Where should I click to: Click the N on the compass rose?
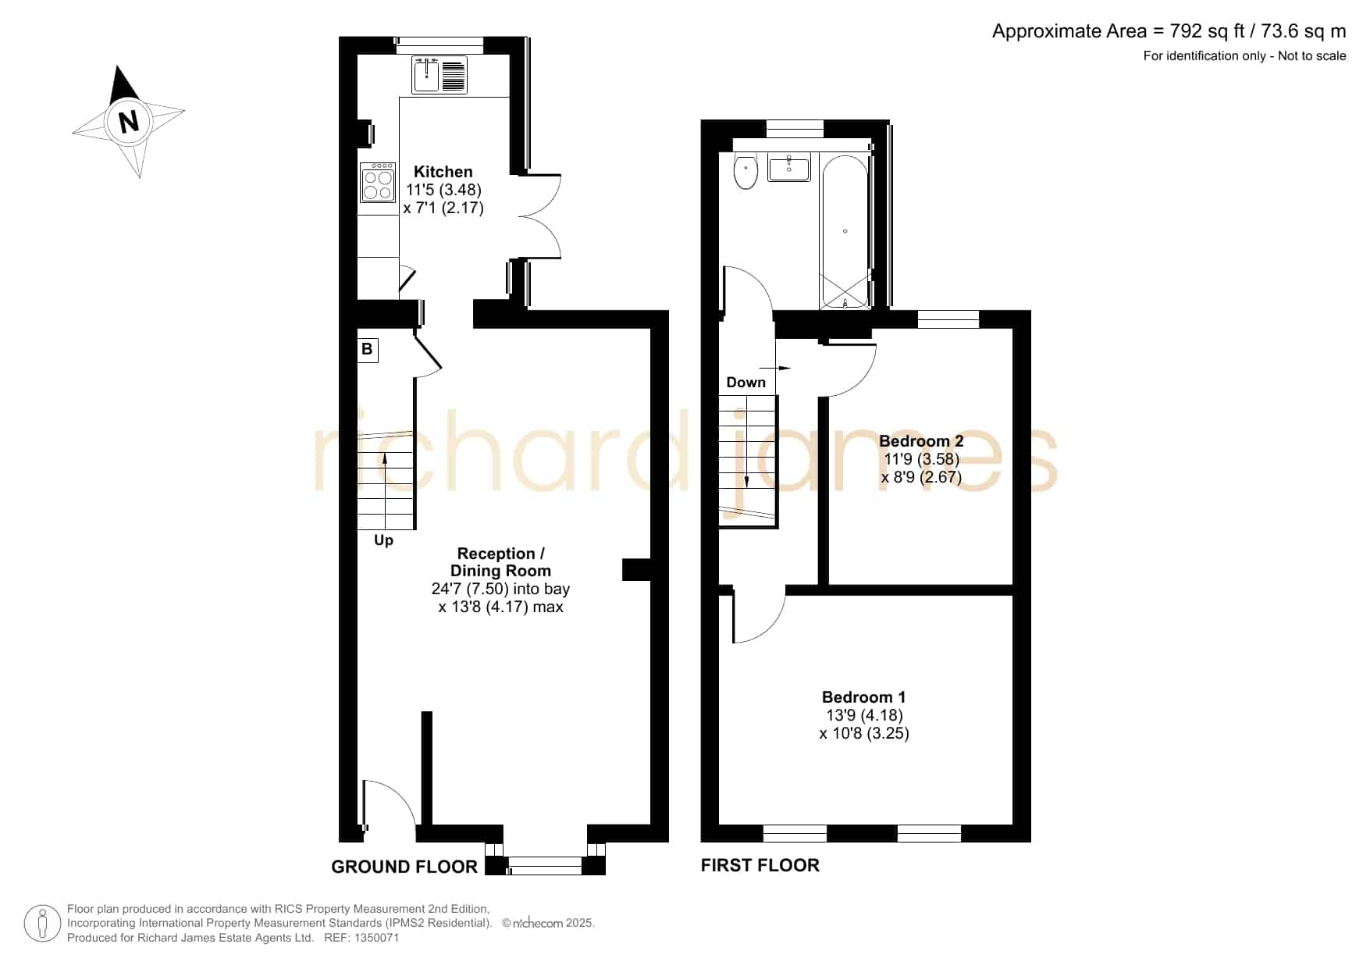point(128,122)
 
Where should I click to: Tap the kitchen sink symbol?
point(439,75)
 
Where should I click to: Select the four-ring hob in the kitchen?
point(378,183)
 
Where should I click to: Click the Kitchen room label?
point(443,172)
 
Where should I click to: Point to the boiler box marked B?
point(367,349)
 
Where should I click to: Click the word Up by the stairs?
point(383,540)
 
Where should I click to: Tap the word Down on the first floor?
point(745,383)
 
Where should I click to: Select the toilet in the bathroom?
point(746,172)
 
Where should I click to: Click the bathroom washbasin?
point(789,168)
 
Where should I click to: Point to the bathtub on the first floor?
point(845,232)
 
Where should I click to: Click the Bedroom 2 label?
point(921,441)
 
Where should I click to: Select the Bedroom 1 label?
point(863,697)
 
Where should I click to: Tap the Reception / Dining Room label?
point(500,562)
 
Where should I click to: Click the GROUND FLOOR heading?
point(404,867)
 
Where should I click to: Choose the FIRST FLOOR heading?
point(760,865)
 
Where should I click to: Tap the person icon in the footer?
point(42,924)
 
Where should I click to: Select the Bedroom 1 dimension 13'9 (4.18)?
point(864,715)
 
